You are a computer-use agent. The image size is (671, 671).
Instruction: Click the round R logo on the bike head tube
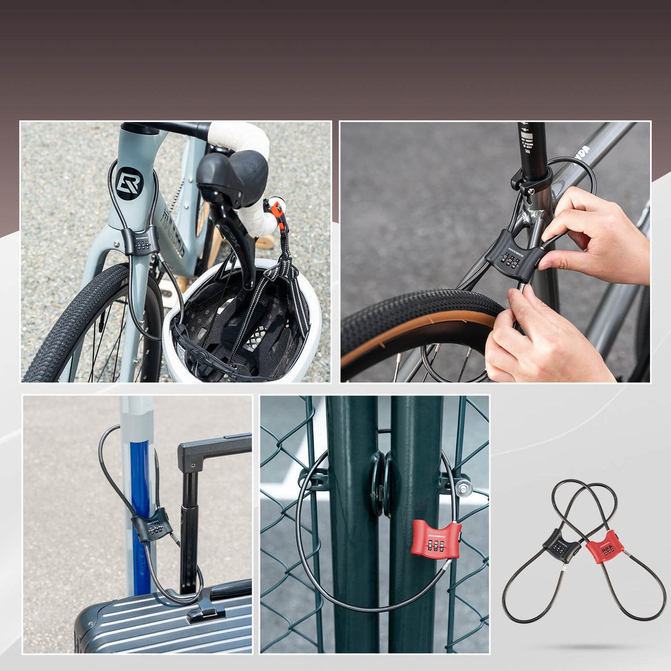(x=129, y=183)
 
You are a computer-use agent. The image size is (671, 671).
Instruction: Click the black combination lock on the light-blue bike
(x=141, y=241)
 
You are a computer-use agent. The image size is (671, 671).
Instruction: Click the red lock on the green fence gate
(x=436, y=539)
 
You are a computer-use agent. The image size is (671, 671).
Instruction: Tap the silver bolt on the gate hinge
(x=464, y=487)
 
